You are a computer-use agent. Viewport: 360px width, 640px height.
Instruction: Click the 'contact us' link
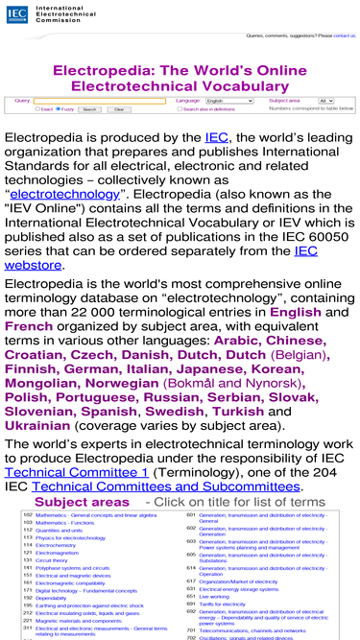click(345, 36)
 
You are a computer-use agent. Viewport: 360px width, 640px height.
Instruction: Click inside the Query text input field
click(100, 101)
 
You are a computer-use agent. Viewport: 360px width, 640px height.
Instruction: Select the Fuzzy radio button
click(59, 109)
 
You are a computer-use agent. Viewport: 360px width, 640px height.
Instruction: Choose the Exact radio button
click(36, 109)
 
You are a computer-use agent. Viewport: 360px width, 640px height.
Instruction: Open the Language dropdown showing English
click(228, 101)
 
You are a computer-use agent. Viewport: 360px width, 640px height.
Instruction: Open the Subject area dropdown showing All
click(326, 101)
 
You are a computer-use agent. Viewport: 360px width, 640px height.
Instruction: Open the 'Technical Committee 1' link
click(77, 472)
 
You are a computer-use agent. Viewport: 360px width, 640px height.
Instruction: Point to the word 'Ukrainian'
click(37, 425)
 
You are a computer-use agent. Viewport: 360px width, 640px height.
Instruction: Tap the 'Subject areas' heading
click(81, 502)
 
